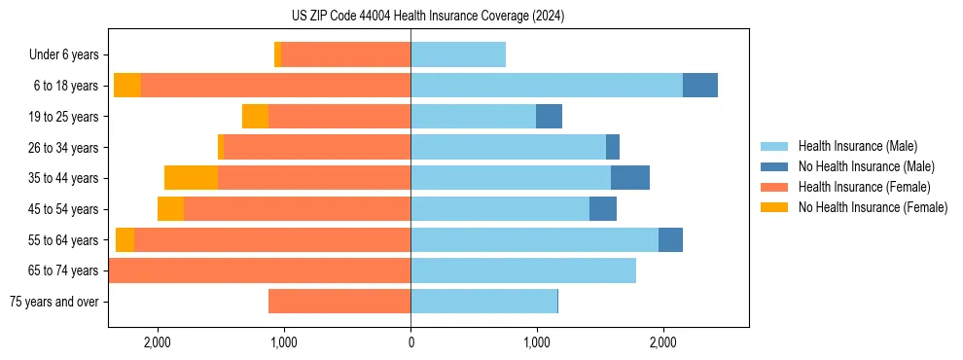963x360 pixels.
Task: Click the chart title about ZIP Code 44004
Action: (427, 17)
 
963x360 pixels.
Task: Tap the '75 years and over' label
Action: (53, 302)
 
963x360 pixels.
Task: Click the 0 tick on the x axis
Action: (410, 342)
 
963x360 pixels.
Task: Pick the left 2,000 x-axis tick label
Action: (158, 342)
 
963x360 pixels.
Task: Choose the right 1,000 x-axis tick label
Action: (536, 342)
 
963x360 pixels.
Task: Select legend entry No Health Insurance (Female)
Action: (873, 207)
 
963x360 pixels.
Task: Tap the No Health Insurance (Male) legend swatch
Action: (774, 166)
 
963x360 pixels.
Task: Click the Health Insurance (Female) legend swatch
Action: (774, 187)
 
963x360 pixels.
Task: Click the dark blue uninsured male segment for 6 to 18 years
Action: (699, 86)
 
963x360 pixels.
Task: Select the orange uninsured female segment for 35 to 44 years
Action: (191, 178)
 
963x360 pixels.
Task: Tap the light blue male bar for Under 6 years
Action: (458, 55)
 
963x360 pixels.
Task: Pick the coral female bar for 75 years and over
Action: (339, 302)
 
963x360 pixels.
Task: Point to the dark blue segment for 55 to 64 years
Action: (670, 239)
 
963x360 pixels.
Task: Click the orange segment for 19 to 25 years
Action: (255, 117)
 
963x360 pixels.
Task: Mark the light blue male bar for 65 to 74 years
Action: (523, 270)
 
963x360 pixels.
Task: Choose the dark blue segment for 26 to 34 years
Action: (613, 147)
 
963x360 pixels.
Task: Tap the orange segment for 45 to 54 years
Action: (170, 209)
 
